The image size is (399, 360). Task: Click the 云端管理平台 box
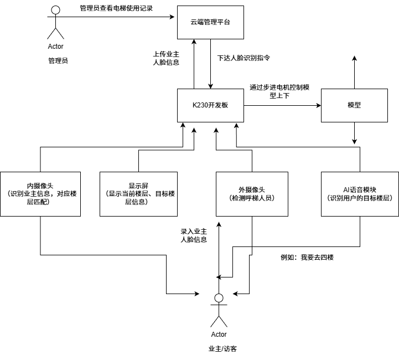pos(210,22)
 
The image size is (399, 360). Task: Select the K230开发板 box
pos(210,105)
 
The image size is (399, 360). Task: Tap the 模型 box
pos(354,105)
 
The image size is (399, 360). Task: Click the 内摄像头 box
pos(41,194)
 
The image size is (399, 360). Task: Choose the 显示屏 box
pos(138,194)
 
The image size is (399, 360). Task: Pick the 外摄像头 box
pos(252,194)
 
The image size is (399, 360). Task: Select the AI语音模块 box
pos(360,194)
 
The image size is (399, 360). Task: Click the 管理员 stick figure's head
pos(55,10)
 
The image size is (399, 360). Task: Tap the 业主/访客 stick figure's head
pos(219,299)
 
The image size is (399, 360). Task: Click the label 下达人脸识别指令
pos(244,57)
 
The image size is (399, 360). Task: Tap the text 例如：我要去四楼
pos(307,258)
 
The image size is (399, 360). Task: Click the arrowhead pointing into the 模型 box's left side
pos(318,105)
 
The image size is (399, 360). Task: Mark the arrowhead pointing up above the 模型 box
pos(354,58)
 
